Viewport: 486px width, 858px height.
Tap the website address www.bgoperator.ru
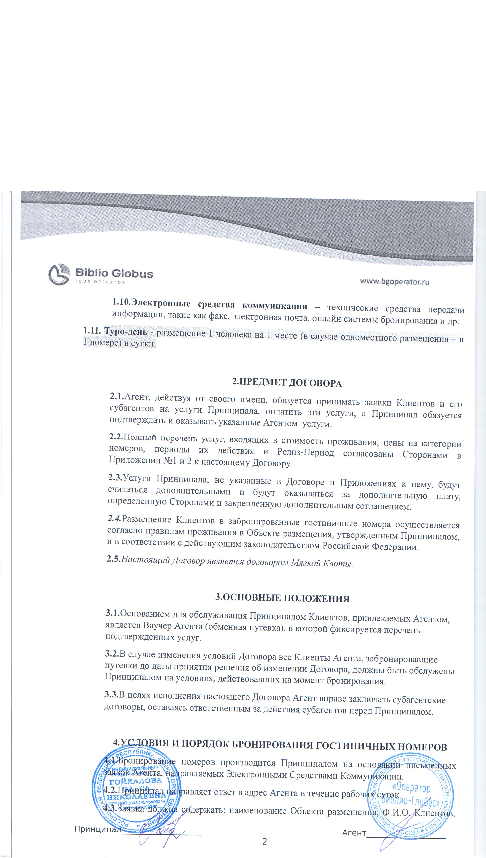pyautogui.click(x=394, y=281)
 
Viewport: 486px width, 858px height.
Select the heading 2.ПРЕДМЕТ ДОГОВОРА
pyautogui.click(x=287, y=383)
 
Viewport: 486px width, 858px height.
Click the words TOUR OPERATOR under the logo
pyautogui.click(x=100, y=282)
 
